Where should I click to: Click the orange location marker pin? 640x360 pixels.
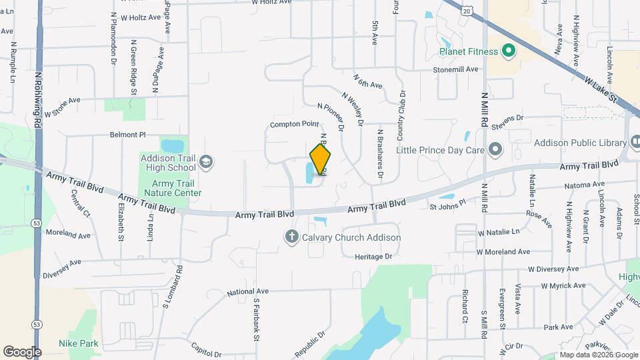(321, 159)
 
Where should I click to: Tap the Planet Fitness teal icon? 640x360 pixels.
(507, 51)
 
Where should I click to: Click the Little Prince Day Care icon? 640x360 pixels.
(495, 149)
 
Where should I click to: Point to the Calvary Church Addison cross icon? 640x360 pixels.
(291, 237)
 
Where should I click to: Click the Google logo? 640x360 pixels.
(22, 351)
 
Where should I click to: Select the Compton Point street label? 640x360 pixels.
(294, 125)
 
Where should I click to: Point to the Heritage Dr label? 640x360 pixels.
(373, 257)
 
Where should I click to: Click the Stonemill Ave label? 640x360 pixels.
(456, 69)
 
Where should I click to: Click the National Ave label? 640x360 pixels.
(247, 292)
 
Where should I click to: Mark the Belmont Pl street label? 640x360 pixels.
(128, 135)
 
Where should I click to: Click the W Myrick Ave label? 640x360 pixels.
(563, 286)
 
